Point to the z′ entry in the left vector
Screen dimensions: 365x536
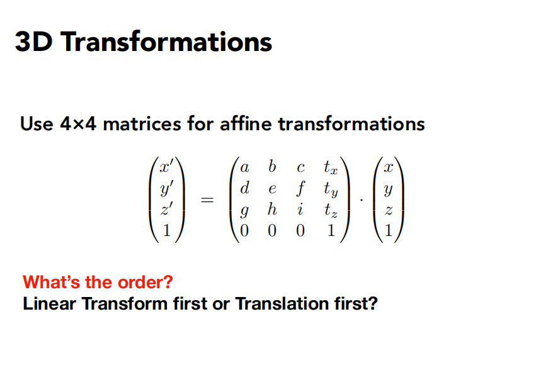click(166, 210)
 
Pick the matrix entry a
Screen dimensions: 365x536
click(246, 169)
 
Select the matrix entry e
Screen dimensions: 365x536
click(272, 189)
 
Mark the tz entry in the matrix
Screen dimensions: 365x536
click(329, 211)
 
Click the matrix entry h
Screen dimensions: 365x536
click(272, 210)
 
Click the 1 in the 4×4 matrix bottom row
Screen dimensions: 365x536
click(329, 231)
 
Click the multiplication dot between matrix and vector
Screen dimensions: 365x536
click(360, 200)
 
